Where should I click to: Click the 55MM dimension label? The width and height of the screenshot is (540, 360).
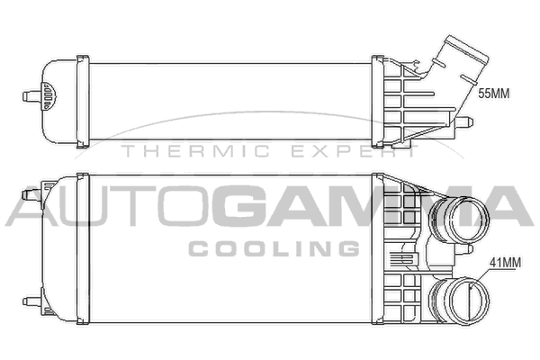(493, 94)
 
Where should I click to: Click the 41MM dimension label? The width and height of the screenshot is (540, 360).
(505, 263)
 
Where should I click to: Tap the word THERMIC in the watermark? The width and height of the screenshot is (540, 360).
(195, 151)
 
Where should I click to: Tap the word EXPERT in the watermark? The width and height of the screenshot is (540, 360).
(355, 151)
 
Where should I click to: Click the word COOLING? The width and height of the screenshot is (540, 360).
(274, 248)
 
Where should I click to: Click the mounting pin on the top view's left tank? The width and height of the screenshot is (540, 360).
(31, 95)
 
